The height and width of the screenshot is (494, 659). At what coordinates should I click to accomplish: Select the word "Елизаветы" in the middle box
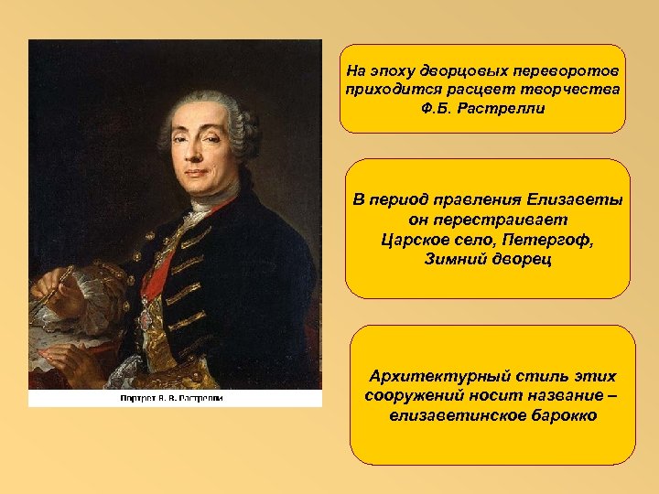(574, 200)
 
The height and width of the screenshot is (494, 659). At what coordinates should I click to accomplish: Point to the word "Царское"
(410, 241)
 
